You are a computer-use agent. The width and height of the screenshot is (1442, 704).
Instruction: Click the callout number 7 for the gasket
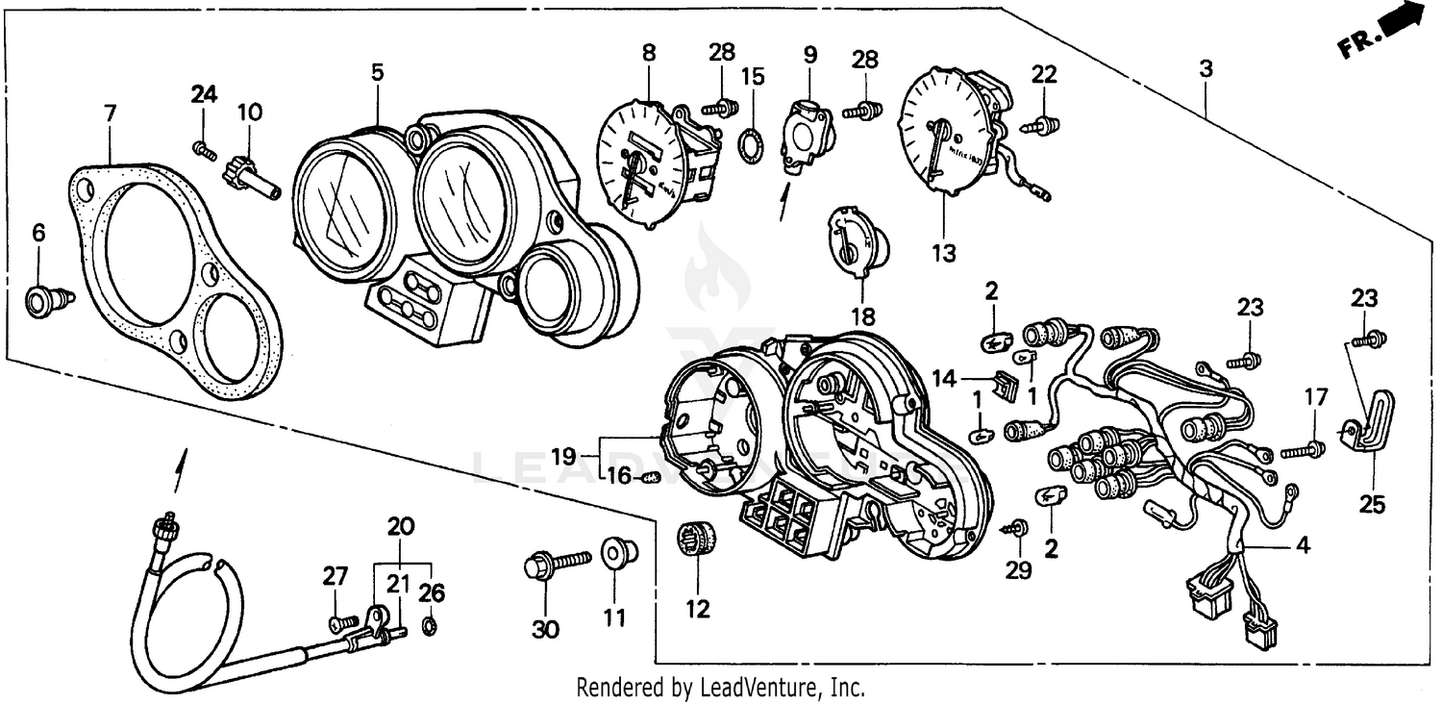tap(110, 113)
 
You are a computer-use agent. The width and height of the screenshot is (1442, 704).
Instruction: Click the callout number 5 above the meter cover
tap(378, 72)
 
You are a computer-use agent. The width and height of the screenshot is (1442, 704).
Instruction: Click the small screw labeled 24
tap(203, 148)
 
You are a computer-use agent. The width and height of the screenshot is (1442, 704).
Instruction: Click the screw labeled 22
tap(1044, 124)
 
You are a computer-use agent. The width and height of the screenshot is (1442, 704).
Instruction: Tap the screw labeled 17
tap(1305, 449)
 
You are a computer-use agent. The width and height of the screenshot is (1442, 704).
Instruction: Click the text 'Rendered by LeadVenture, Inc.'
tap(720, 688)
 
